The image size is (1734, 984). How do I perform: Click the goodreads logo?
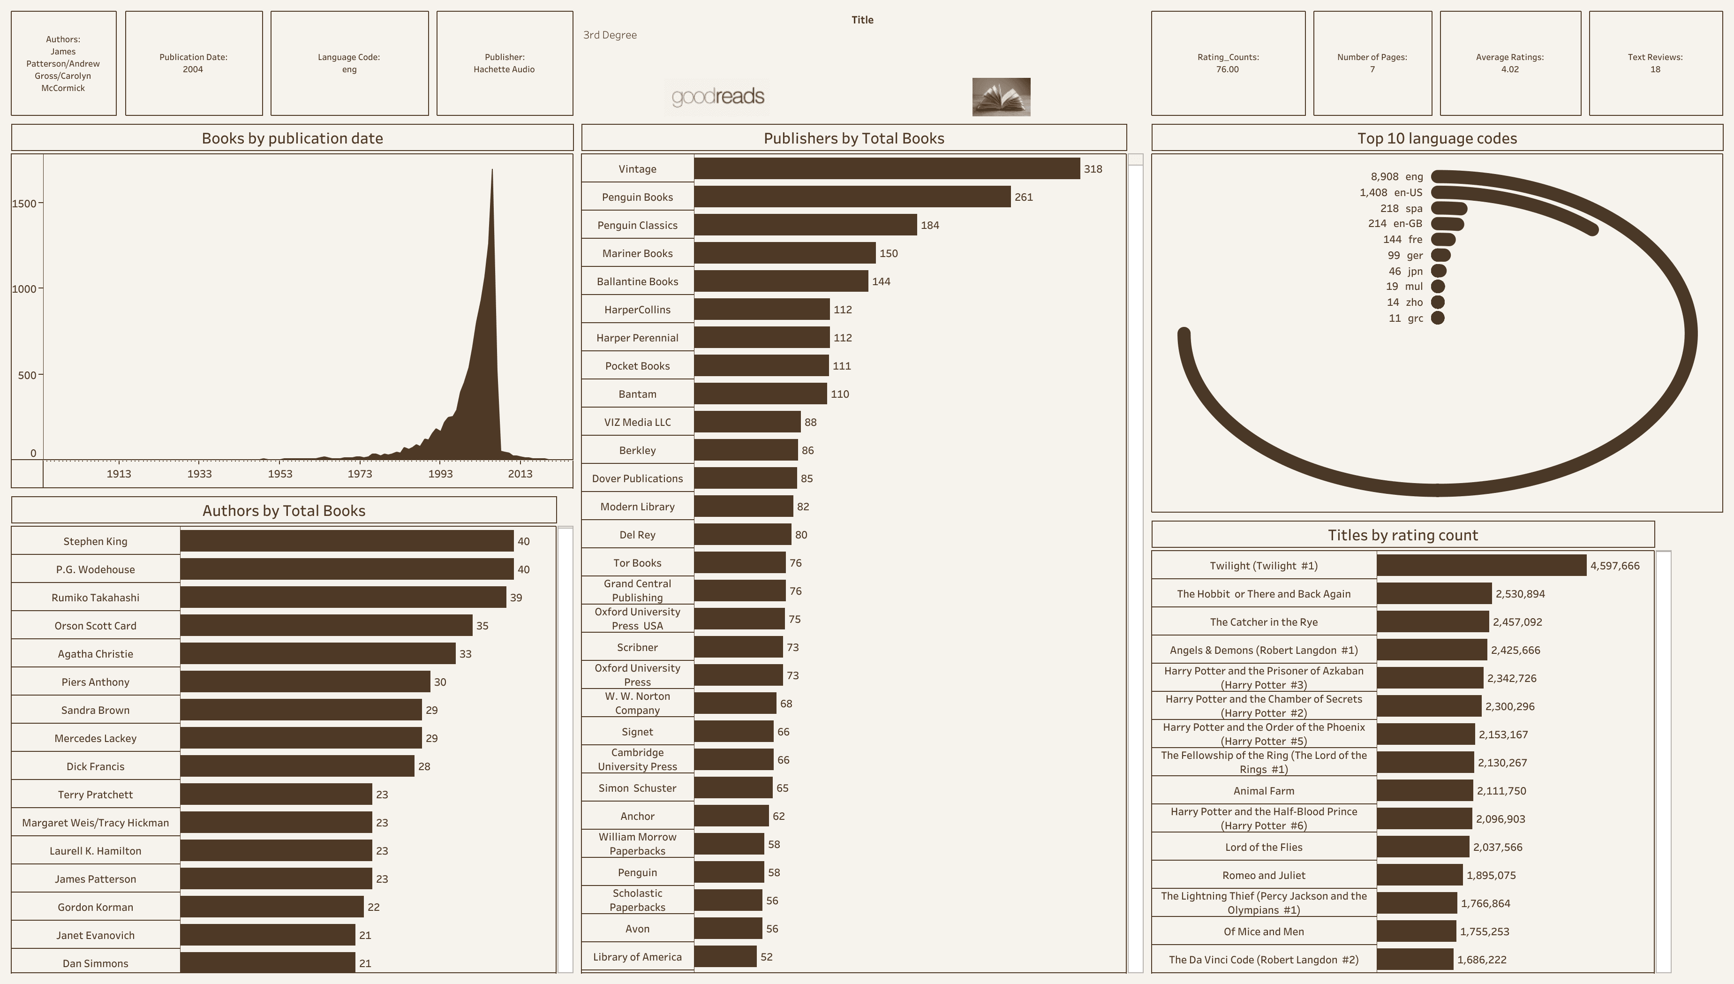(717, 97)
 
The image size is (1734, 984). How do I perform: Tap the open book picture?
(1001, 97)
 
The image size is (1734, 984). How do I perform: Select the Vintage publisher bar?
(886, 169)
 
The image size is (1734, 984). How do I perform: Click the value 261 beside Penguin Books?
(1023, 197)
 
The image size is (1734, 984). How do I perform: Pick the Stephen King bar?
(346, 541)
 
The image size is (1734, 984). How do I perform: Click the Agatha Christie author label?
(95, 653)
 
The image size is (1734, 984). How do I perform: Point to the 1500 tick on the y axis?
(24, 204)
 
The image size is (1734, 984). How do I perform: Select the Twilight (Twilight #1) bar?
(1481, 566)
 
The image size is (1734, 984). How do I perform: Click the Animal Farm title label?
(1263, 791)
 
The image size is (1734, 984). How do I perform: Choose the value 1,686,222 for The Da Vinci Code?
(1481, 960)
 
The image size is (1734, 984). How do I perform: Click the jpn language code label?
(1415, 271)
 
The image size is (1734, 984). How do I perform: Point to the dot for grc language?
(1438, 318)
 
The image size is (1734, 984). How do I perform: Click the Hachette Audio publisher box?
(504, 63)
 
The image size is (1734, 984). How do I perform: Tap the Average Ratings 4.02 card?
(1510, 63)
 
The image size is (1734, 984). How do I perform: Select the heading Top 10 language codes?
(1437, 138)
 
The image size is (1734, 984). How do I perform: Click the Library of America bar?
(725, 956)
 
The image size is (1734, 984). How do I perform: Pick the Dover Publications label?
(637, 478)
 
